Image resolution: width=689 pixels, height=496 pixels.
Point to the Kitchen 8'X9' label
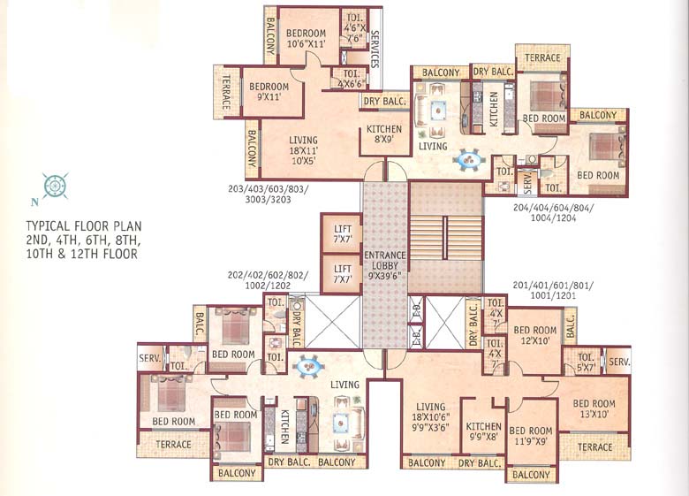(383, 134)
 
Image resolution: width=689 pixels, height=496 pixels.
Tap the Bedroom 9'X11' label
(269, 91)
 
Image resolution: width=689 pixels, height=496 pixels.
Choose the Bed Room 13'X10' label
(593, 408)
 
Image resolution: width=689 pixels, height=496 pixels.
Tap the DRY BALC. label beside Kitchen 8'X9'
(383, 102)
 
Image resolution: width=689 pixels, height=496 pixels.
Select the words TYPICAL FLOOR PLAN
(84, 226)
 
